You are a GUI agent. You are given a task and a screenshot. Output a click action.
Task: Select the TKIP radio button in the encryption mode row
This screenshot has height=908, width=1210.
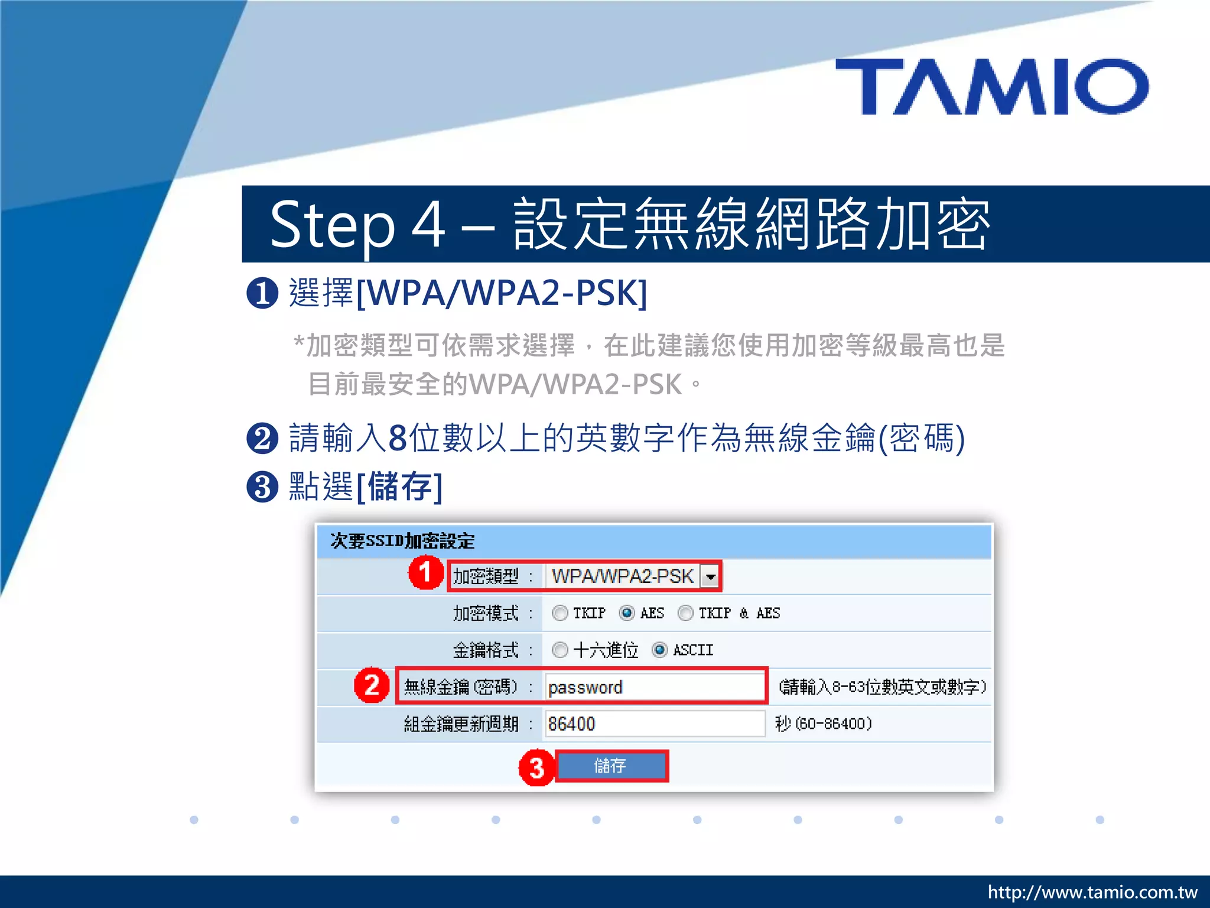(560, 613)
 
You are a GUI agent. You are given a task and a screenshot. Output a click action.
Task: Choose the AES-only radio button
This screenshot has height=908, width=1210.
(627, 613)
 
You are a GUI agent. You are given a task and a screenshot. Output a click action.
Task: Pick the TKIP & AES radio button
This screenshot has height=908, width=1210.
(685, 613)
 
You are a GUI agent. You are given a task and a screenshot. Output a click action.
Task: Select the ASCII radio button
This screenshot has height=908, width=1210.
(659, 650)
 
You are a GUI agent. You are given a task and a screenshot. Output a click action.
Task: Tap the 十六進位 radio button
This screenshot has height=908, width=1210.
(560, 650)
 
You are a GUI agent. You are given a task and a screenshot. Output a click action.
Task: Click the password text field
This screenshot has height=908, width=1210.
(655, 687)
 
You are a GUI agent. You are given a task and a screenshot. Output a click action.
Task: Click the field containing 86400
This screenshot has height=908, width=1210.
(655, 724)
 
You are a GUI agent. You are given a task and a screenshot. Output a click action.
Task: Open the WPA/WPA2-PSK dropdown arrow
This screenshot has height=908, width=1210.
(710, 576)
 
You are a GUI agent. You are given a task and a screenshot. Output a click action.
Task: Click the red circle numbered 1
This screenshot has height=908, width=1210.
(425, 572)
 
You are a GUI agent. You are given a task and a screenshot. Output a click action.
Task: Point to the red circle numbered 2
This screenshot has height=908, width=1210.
(372, 685)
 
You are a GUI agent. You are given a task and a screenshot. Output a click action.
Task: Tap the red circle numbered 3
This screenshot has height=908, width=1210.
(536, 767)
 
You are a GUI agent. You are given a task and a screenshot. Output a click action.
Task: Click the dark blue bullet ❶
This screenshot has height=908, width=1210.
(262, 293)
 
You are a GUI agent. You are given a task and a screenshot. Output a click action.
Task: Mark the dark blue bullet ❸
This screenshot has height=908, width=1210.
(262, 487)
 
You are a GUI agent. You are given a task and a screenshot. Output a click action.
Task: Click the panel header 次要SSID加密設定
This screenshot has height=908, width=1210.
(402, 541)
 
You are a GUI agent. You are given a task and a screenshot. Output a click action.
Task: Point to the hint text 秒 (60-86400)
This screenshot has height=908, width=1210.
(823, 724)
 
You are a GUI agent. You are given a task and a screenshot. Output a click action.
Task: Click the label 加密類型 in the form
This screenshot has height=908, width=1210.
(486, 576)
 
